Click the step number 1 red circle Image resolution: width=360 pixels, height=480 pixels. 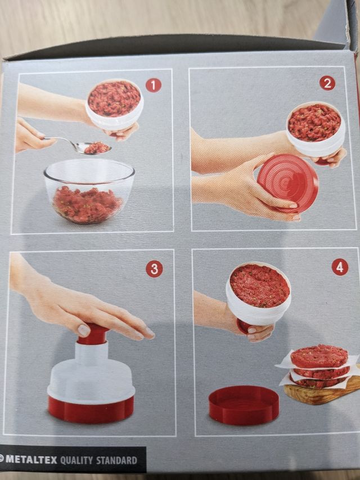click(x=153, y=85)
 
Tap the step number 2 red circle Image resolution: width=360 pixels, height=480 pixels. click(x=327, y=83)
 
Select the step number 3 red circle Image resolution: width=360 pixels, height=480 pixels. click(x=154, y=269)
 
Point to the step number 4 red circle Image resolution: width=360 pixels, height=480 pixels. click(x=340, y=267)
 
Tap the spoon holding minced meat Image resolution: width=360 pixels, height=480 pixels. click(x=84, y=146)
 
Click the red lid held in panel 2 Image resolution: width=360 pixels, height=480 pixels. click(x=287, y=183)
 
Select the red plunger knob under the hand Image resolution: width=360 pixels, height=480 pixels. click(x=93, y=334)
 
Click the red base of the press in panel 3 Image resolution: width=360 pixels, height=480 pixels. click(x=91, y=409)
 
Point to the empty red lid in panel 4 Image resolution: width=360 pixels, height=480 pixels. click(x=244, y=405)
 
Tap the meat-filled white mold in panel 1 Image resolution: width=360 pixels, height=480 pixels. click(x=114, y=105)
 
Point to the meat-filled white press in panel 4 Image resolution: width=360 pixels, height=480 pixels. click(x=259, y=293)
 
